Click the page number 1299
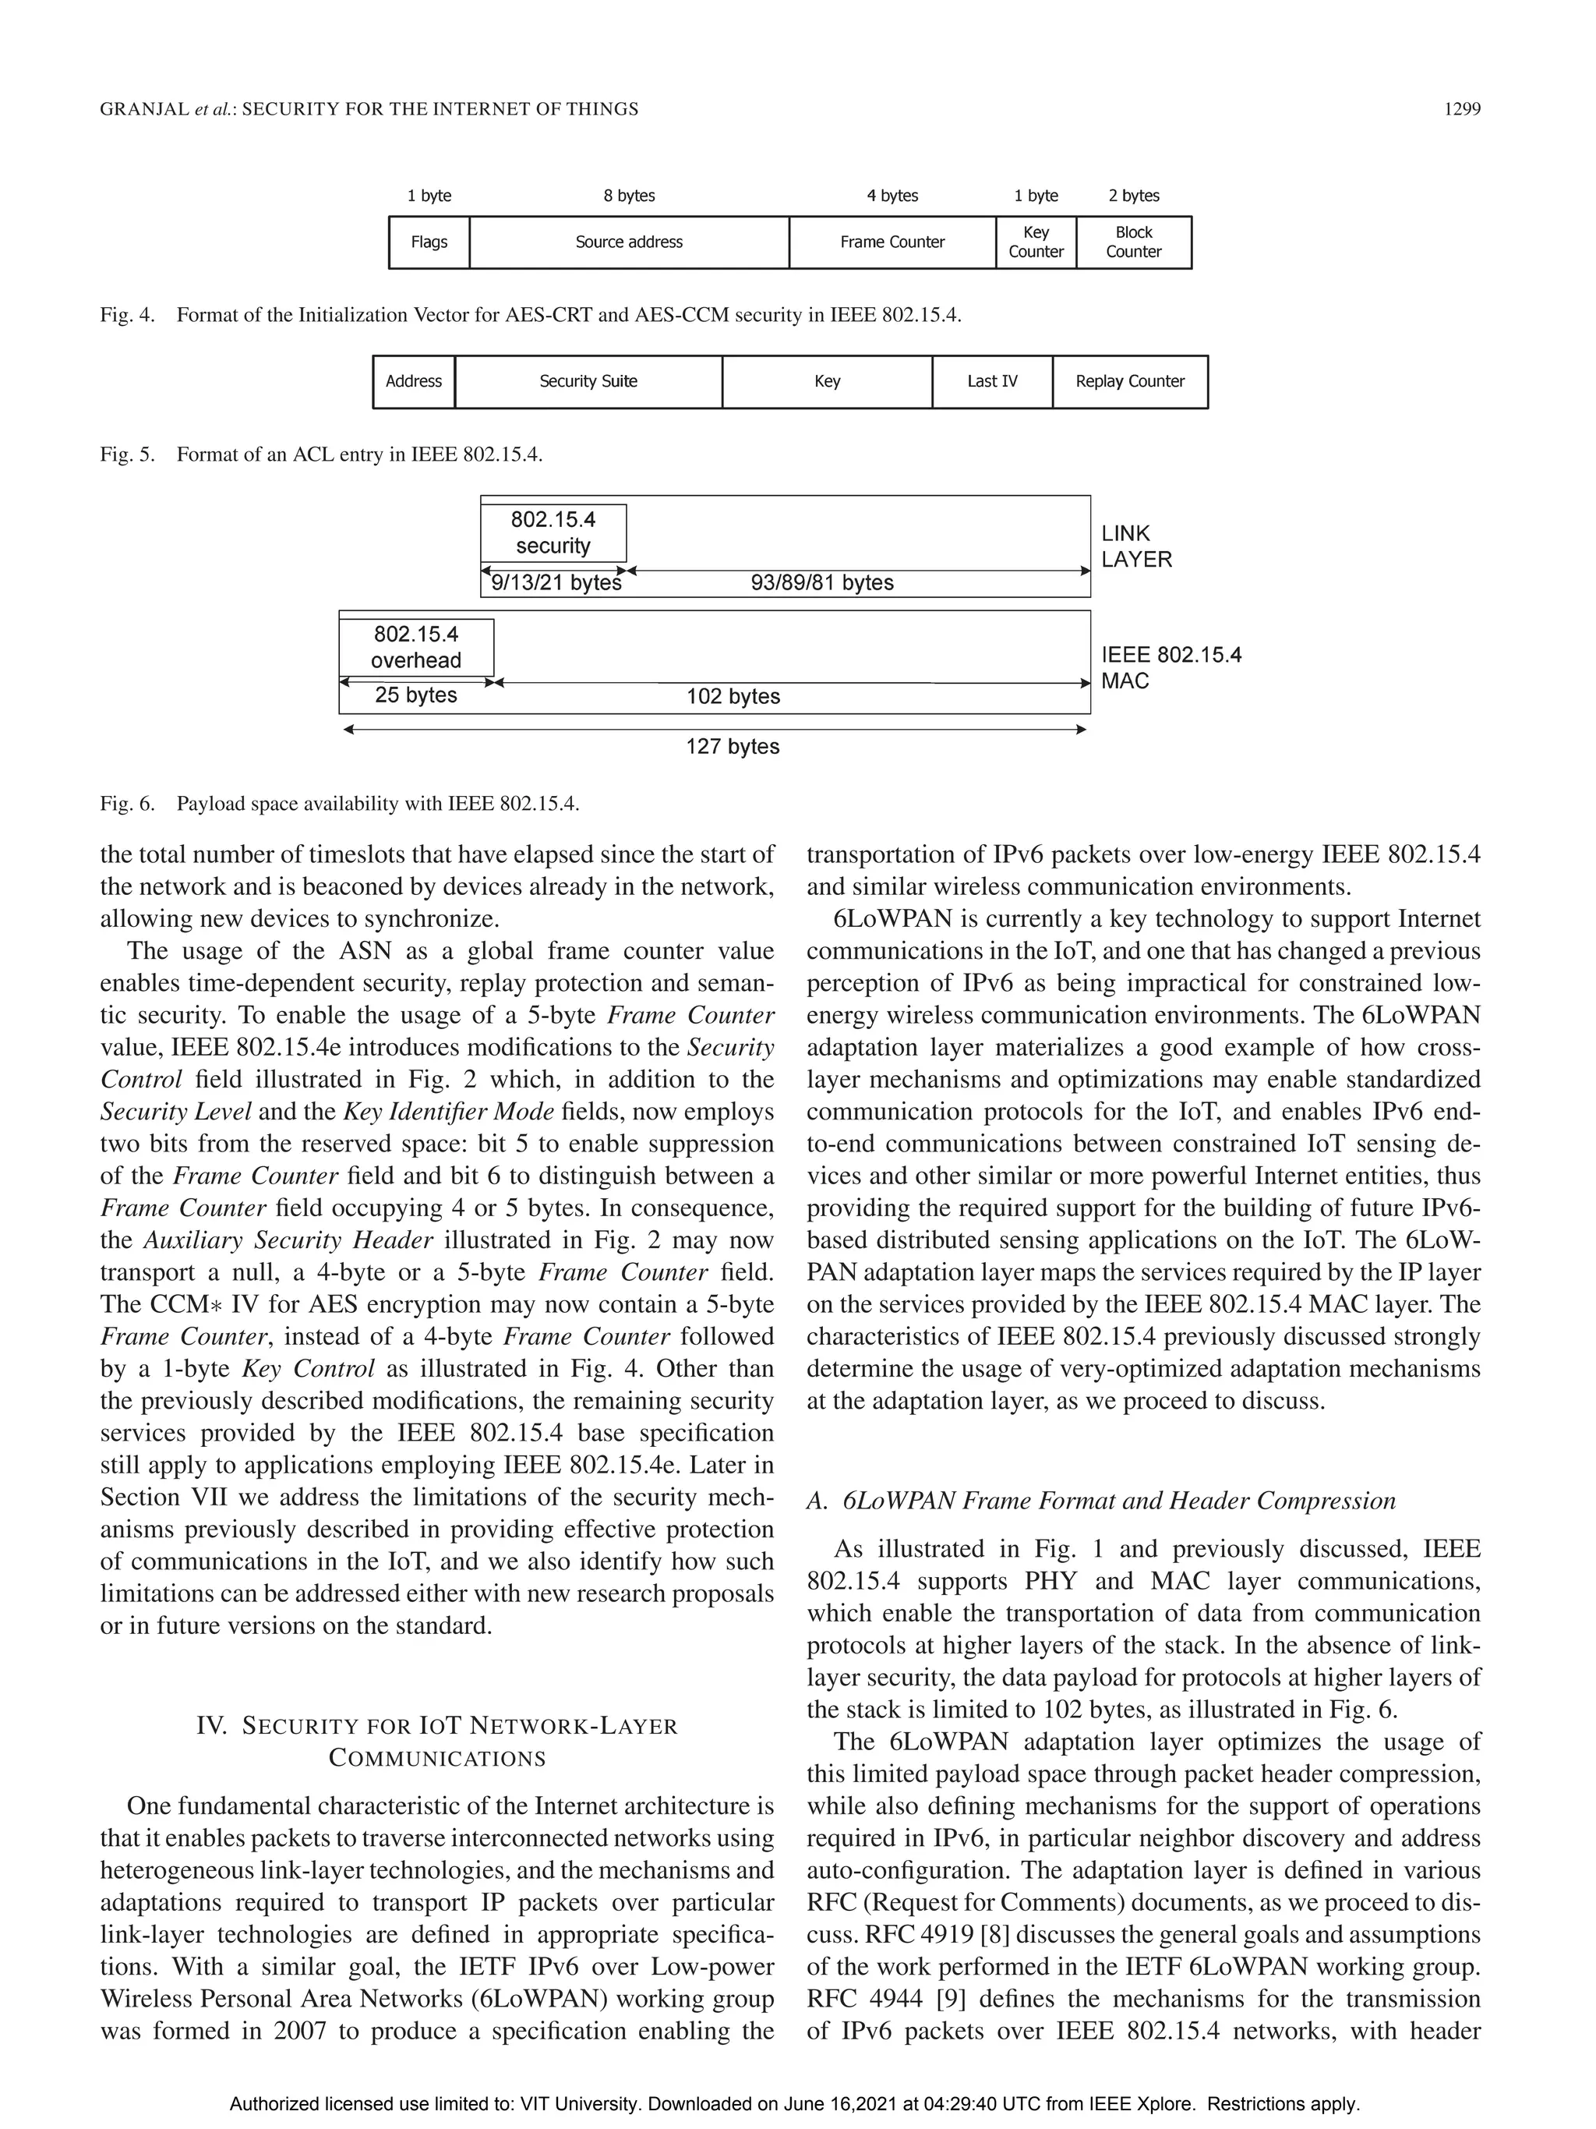click(1461, 109)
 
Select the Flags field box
click(429, 242)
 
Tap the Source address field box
click(629, 242)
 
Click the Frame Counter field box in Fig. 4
click(892, 242)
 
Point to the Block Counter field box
click(1133, 242)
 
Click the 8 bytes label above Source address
click(629, 196)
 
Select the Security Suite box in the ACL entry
click(588, 381)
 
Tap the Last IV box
click(992, 381)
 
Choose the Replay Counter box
click(1129, 381)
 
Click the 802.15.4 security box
click(553, 533)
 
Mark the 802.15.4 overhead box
click(415, 647)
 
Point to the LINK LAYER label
click(1136, 546)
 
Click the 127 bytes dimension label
click(732, 747)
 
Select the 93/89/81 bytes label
click(821, 583)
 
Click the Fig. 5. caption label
click(127, 454)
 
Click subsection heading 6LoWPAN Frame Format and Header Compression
click(1118, 1501)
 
